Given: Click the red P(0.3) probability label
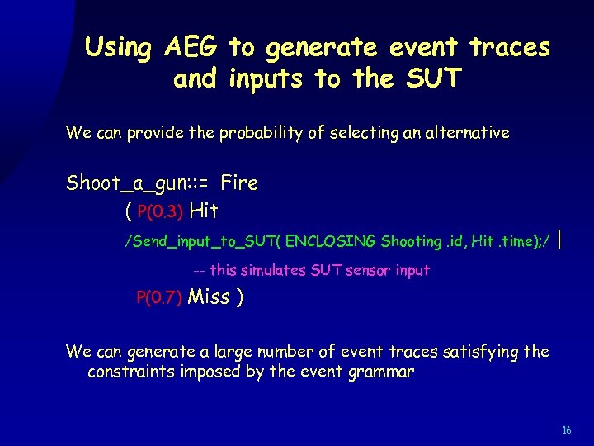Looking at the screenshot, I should [160, 212].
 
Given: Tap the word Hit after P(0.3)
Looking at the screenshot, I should [204, 211].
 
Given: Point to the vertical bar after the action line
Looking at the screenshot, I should [561, 240].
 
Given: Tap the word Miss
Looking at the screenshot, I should [210, 297].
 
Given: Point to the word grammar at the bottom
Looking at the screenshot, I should [380, 372].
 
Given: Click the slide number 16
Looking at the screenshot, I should [566, 430].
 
